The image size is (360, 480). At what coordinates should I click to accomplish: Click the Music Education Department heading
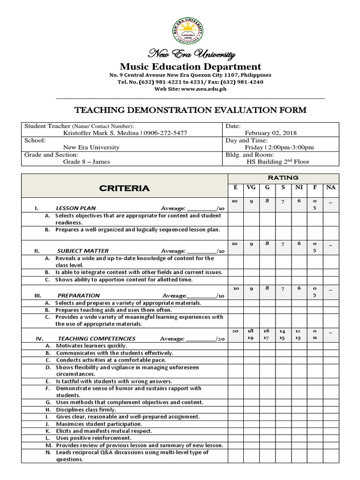[x=190, y=67]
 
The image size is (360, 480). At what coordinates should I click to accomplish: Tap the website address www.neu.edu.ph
[x=204, y=89]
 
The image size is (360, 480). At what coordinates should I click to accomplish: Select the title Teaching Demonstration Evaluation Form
[x=191, y=111]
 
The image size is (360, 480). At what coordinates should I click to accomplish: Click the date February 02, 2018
[x=270, y=133]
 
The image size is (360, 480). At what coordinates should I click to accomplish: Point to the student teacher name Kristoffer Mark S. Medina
[x=100, y=133]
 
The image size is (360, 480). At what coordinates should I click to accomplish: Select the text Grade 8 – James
[x=87, y=162]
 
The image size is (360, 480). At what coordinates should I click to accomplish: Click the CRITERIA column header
[x=124, y=188]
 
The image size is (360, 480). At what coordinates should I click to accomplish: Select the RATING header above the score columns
[x=283, y=178]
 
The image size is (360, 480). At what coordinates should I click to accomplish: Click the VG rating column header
[x=252, y=187]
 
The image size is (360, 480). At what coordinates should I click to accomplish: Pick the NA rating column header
[x=330, y=187]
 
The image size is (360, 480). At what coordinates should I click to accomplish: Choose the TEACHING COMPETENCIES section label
[x=97, y=338]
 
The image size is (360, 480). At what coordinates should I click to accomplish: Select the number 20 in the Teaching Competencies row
[x=236, y=330]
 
